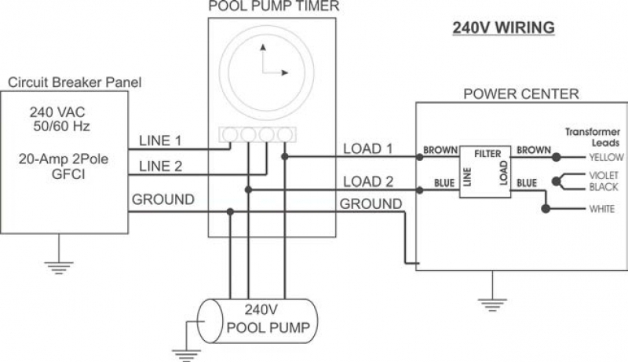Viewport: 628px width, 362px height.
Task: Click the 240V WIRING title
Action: [x=503, y=27]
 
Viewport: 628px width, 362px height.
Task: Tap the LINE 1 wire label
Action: [x=160, y=141]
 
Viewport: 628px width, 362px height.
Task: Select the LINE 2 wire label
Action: [x=160, y=166]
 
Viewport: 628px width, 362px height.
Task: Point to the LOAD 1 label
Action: [x=368, y=148]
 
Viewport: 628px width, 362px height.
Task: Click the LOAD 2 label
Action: [x=368, y=181]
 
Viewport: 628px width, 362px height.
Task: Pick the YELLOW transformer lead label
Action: [x=606, y=157]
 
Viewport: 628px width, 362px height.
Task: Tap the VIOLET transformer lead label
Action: [x=604, y=175]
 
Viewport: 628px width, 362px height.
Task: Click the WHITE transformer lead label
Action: [x=601, y=209]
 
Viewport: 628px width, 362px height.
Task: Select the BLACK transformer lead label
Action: [x=604, y=187]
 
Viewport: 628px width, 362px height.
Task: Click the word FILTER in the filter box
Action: [x=487, y=154]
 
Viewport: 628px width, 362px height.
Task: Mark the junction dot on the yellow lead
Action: [x=556, y=157]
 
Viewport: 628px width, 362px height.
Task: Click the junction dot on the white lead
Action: [x=546, y=209]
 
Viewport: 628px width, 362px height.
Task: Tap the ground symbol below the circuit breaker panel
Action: [x=59, y=268]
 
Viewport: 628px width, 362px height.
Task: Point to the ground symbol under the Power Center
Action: [x=492, y=305]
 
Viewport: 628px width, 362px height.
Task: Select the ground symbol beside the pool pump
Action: [x=186, y=355]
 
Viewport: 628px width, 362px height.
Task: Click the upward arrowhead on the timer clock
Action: [x=263, y=47]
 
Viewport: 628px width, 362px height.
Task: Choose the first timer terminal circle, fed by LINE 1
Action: [x=230, y=134]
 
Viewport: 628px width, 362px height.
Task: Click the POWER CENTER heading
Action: [x=521, y=93]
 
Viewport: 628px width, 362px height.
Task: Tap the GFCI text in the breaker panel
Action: [x=68, y=174]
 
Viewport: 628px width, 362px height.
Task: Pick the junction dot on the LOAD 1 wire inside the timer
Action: [x=285, y=156]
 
